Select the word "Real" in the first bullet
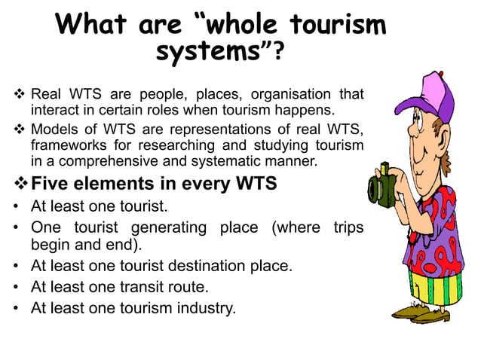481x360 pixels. [47, 95]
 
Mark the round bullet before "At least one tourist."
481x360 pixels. [16, 205]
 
